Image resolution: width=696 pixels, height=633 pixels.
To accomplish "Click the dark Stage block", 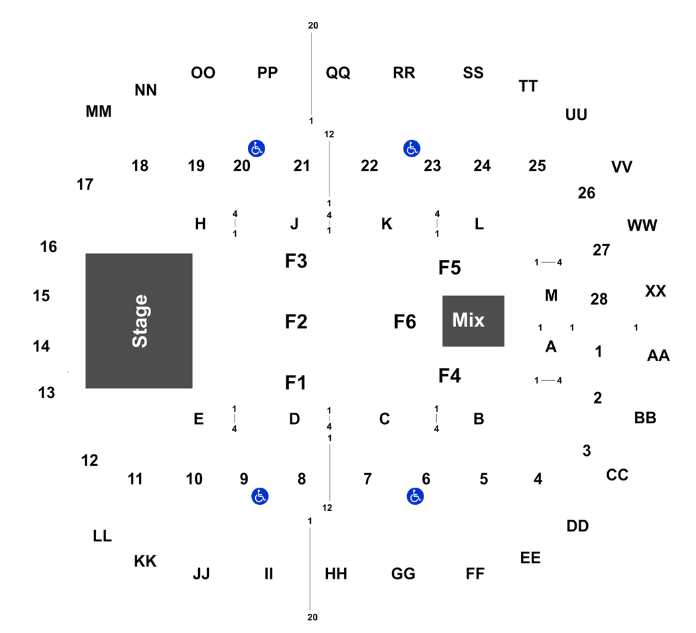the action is [139, 320].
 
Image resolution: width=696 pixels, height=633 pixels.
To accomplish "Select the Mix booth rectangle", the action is [473, 320].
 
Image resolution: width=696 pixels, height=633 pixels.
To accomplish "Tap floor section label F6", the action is [405, 322].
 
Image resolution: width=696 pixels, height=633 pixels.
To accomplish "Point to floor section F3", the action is [296, 261].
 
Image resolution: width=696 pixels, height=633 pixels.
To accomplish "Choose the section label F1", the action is [296, 382].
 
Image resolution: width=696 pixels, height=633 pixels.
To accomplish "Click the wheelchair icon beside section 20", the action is [257, 149].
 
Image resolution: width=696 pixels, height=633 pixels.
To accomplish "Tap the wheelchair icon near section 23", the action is [412, 149].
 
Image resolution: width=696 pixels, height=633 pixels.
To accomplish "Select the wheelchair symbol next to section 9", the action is [260, 496].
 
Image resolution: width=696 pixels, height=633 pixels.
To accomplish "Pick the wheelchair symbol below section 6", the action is [415, 496].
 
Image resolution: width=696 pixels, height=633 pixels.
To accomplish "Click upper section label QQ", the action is [338, 72].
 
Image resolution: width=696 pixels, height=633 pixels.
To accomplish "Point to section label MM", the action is [99, 111].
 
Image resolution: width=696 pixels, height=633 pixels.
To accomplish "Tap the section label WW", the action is [642, 225].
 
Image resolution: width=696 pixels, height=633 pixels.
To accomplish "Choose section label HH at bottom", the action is [336, 573].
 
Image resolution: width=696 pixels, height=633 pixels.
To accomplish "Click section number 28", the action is [599, 299].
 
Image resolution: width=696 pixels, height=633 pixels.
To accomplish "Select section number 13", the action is [46, 393].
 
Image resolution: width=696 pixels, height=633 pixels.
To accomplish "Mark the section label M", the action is [551, 295].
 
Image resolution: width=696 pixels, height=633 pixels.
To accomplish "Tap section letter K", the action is [386, 224].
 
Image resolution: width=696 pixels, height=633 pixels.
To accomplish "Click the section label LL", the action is [102, 535].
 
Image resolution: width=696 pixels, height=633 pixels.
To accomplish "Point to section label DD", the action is [577, 526].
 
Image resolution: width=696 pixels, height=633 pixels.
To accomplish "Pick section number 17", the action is [85, 184].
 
